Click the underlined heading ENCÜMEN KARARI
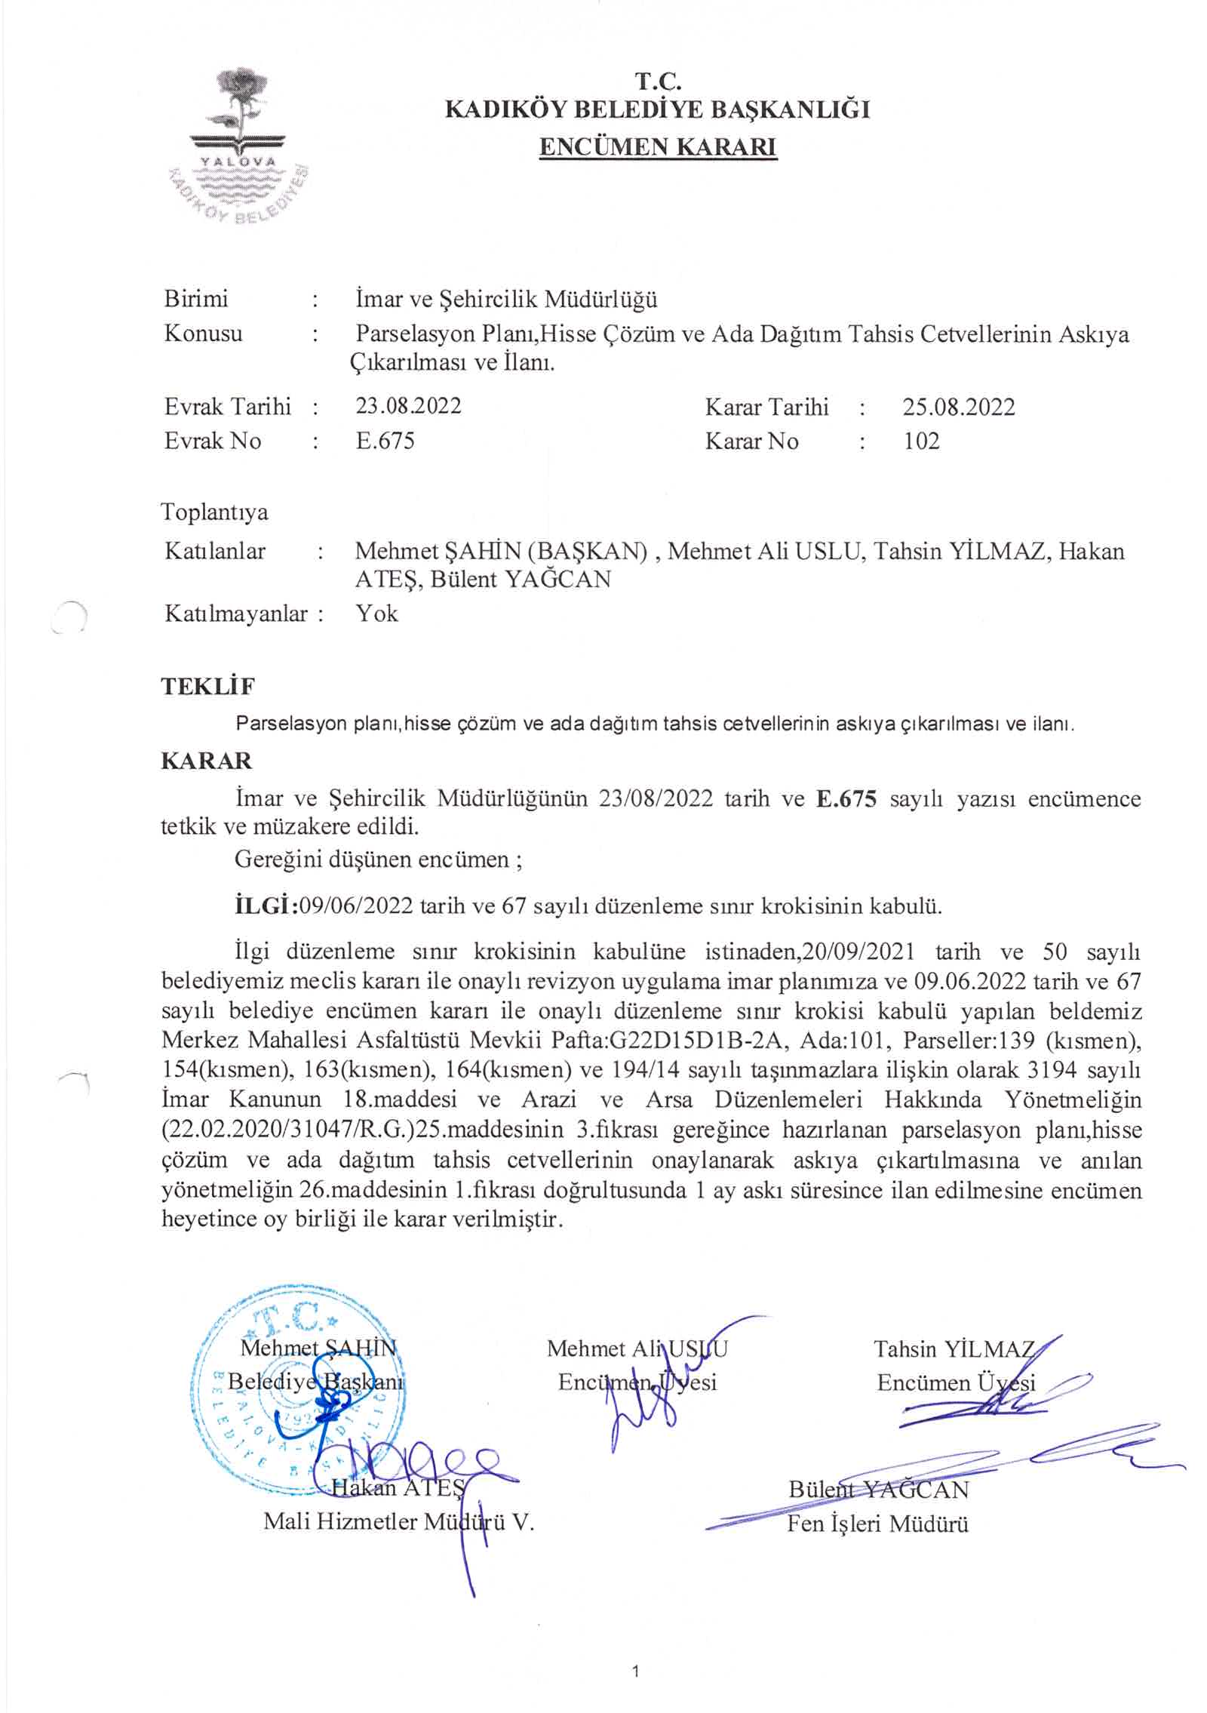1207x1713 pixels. click(657, 146)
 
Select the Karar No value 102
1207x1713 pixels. click(921, 441)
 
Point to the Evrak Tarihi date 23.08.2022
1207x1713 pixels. click(408, 406)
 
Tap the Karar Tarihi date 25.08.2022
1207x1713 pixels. click(958, 407)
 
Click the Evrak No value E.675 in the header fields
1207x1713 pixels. click(385, 441)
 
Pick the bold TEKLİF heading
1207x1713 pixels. click(207, 687)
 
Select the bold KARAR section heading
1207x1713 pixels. click(206, 761)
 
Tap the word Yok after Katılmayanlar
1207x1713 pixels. click(376, 613)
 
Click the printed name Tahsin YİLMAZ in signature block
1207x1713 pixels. click(954, 1349)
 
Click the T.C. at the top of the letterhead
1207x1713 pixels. click(657, 80)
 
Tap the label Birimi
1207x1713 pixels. click(195, 299)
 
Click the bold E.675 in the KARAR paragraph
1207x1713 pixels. click(846, 798)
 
